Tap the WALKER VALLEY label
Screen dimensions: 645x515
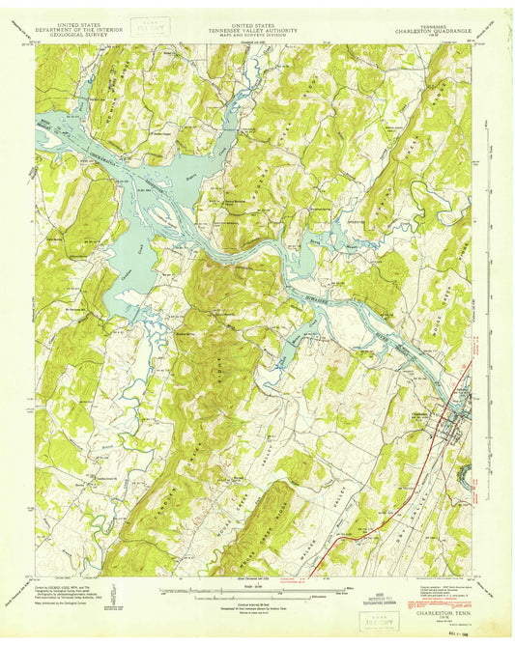coord(333,502)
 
